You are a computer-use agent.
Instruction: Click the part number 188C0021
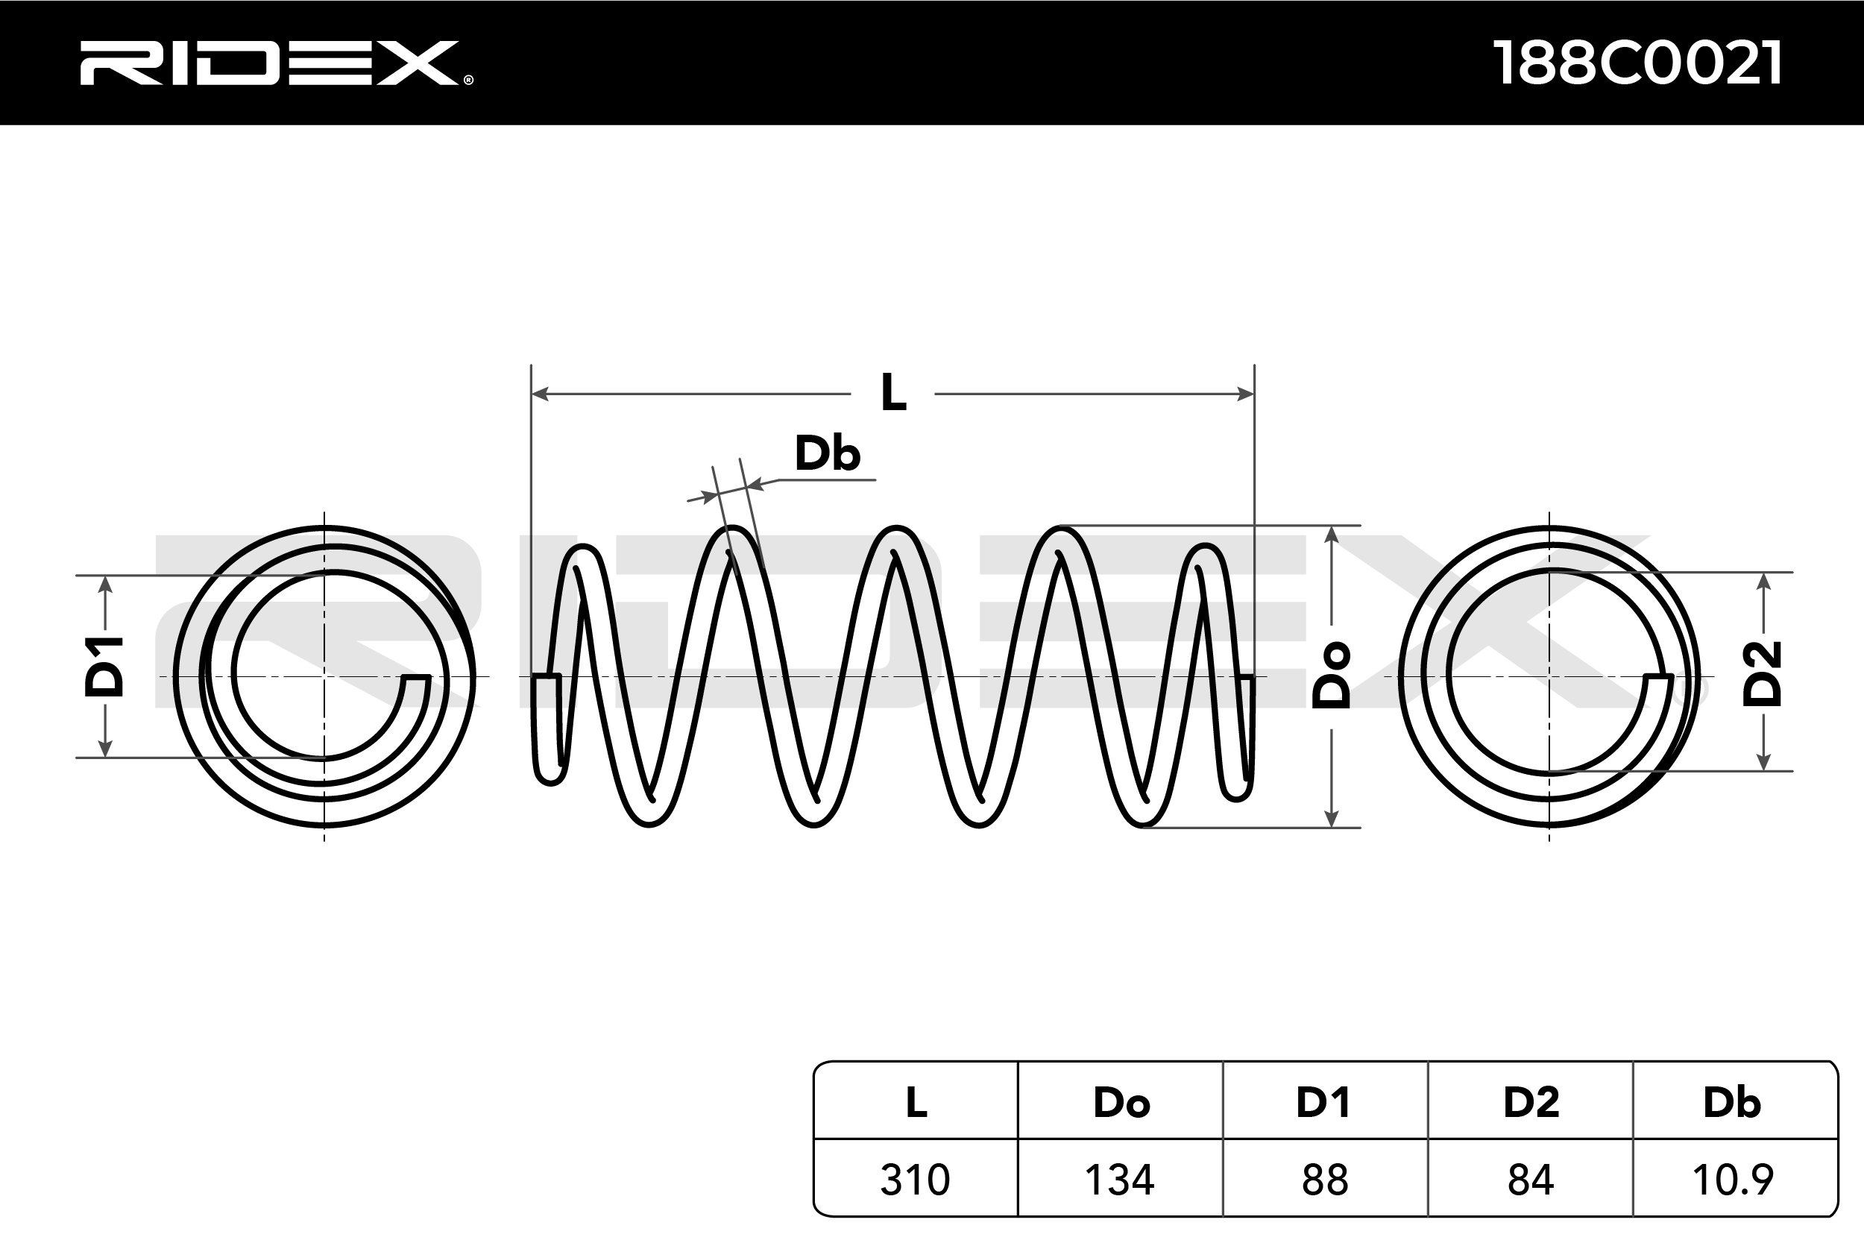(1637, 63)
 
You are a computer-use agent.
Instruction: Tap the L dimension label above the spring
(893, 392)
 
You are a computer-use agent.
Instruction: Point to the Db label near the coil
(827, 454)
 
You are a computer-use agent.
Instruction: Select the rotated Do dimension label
(1332, 675)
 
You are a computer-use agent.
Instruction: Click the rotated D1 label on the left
(104, 667)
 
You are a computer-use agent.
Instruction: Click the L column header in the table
(916, 1103)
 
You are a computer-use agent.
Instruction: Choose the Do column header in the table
(1121, 1103)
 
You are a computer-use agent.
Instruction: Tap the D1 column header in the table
(1324, 1103)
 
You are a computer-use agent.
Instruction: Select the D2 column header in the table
(1531, 1103)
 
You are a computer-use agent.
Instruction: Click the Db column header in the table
(1733, 1103)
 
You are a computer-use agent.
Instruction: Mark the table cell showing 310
(916, 1180)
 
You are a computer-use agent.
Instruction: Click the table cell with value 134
(1120, 1180)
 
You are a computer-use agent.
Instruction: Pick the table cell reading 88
(1324, 1180)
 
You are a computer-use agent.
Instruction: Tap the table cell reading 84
(1531, 1180)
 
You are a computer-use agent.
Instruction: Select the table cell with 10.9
(1733, 1180)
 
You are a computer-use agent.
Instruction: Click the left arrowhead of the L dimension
(539, 393)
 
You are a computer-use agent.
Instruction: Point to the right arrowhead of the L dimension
(1246, 393)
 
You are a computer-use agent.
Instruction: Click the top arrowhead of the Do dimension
(1332, 533)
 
